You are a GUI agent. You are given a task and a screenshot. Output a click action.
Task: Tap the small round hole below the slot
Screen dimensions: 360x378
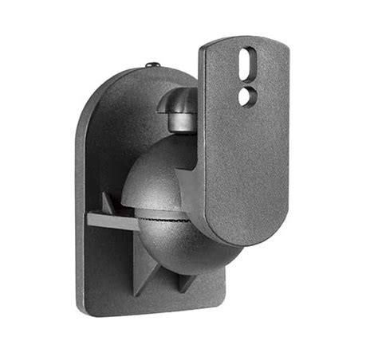pyautogui.click(x=246, y=96)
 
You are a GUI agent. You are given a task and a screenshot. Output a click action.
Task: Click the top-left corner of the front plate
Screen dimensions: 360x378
pyautogui.click(x=203, y=50)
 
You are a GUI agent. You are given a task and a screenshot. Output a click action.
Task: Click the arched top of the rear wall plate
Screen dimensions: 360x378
pyautogui.click(x=136, y=80)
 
